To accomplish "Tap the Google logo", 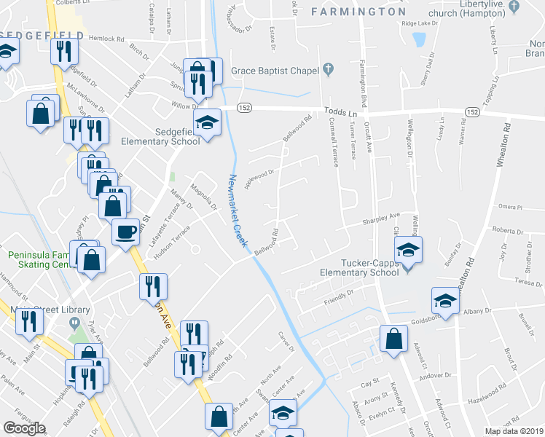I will (x=24, y=428).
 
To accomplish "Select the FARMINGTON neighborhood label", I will (x=358, y=12).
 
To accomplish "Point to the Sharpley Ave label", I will (x=383, y=218).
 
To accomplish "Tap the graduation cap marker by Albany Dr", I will (x=445, y=300).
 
